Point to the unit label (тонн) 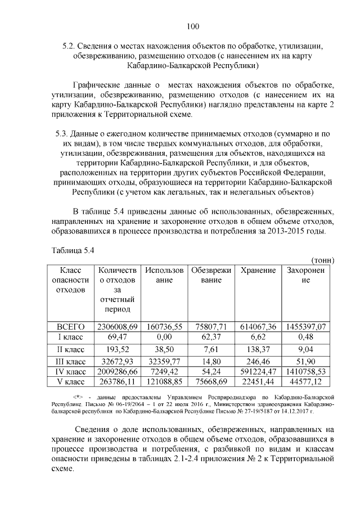click(323, 260)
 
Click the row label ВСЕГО click(71, 326)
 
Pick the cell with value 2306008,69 click(118, 326)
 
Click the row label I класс click(71, 336)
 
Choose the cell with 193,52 click(118, 349)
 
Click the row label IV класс click(71, 372)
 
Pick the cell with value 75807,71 click(211, 326)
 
